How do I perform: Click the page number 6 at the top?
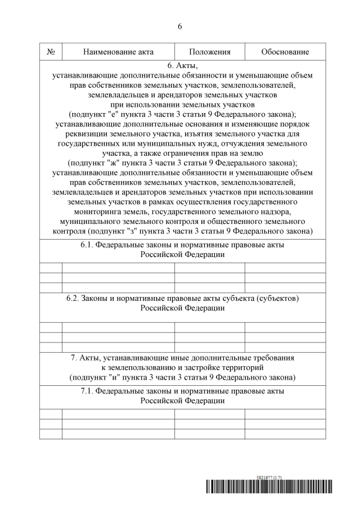click(x=179, y=26)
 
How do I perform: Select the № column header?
click(x=51, y=52)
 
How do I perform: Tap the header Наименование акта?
click(x=118, y=52)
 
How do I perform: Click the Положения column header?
click(x=210, y=52)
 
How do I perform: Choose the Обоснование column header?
click(x=285, y=52)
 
